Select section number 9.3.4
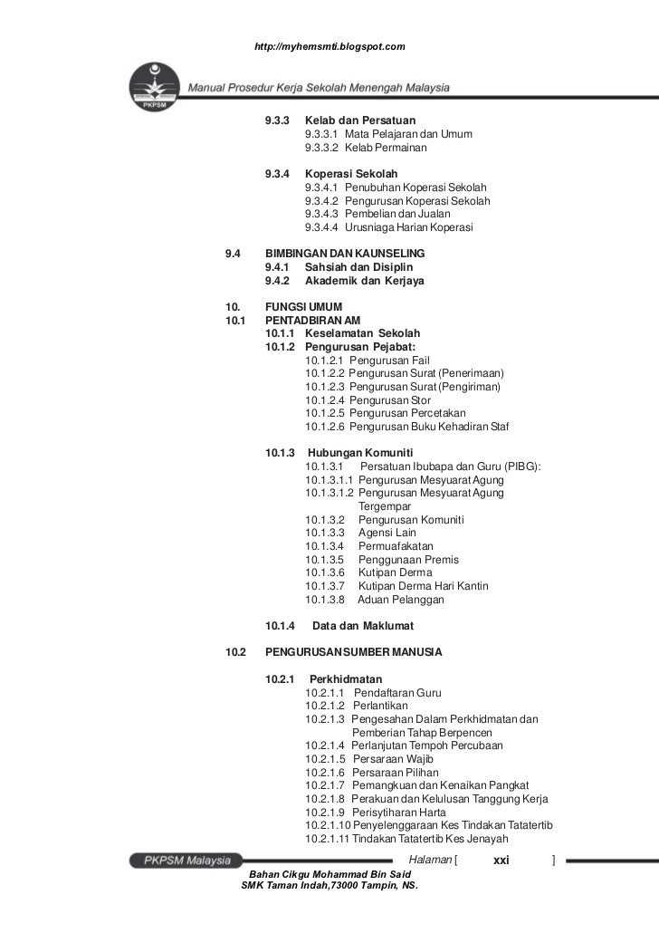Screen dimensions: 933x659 tap(277, 173)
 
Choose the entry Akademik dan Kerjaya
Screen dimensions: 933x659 tap(364, 281)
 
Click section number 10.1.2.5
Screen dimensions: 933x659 tap(325, 413)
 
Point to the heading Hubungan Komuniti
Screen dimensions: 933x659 tap(360, 452)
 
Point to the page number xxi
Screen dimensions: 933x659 tap(502, 860)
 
